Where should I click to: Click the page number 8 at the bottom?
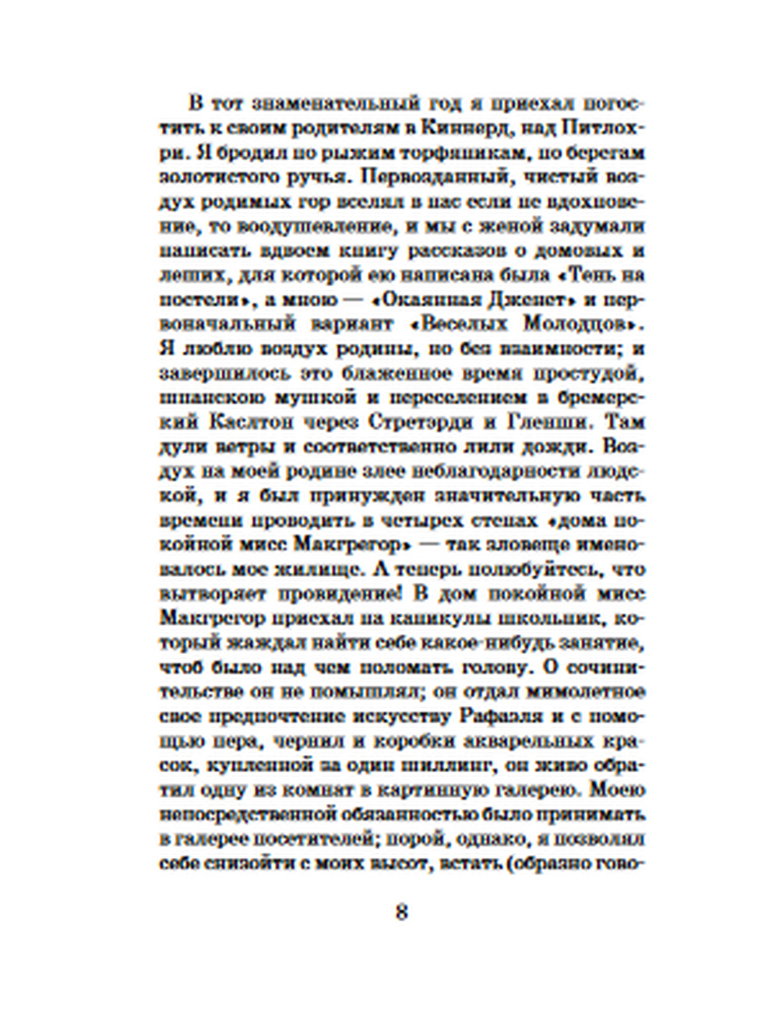(401, 913)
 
